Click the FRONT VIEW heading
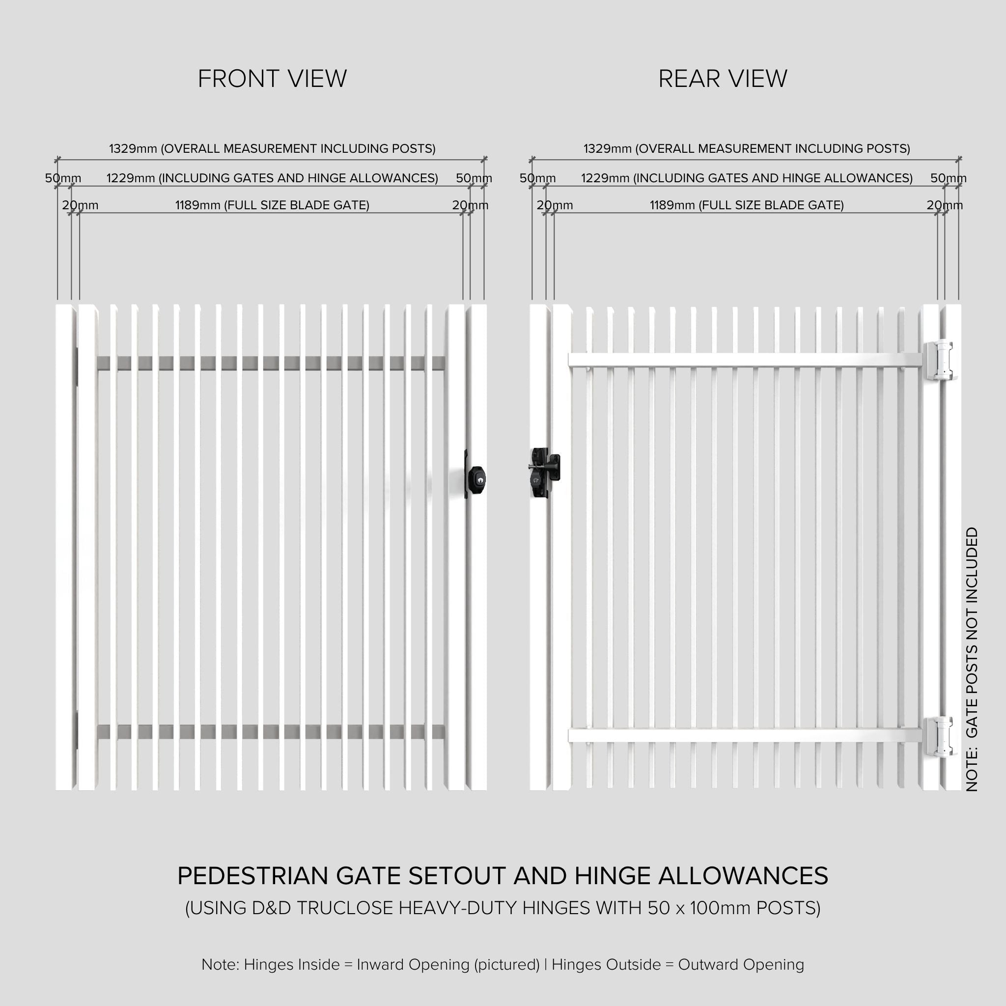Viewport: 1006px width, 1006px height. coord(272,79)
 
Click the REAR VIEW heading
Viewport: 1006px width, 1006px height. coord(722,79)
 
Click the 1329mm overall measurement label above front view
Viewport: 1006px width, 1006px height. coord(272,148)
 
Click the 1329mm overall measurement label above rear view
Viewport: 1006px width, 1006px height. coord(746,148)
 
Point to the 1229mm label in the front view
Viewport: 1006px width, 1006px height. coord(272,178)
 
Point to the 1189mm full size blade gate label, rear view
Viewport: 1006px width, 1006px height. coord(746,205)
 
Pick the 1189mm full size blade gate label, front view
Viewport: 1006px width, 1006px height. coord(272,205)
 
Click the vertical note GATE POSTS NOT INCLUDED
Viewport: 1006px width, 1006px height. coord(972,659)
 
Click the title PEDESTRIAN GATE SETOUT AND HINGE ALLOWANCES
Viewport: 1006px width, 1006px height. coord(503,876)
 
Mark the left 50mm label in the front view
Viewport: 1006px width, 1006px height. coord(62,178)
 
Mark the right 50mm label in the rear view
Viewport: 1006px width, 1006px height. coord(948,178)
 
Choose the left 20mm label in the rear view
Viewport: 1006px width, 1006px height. coord(554,205)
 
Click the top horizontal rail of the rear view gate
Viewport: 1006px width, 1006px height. coord(745,360)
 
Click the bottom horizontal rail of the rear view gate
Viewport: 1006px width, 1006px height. coord(745,735)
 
